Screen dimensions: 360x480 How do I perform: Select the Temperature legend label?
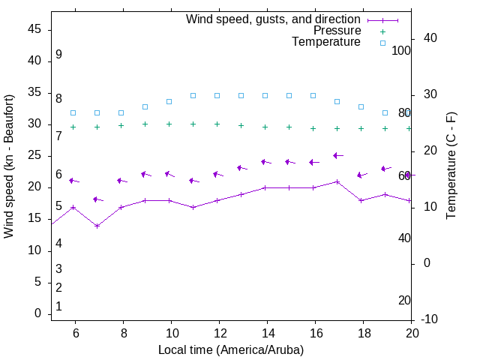tap(326, 42)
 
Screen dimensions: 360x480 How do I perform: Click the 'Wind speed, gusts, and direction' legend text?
tap(274, 19)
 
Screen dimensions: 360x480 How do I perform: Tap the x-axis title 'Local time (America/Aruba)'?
tap(231, 349)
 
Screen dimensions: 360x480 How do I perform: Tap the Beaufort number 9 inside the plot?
tap(58, 55)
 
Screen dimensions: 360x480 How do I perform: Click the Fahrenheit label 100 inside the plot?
tap(401, 51)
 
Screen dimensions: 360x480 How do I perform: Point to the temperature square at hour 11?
tap(193, 96)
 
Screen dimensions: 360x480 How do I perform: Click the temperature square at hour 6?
tap(73, 112)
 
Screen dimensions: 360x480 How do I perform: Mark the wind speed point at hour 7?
tap(97, 226)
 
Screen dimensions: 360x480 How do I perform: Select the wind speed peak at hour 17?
tap(337, 181)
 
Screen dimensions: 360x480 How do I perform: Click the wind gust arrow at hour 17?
tap(337, 155)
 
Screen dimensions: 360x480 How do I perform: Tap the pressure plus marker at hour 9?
tap(145, 124)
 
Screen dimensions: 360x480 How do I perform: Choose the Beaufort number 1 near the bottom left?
tap(58, 306)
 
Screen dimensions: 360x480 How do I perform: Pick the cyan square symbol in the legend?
tap(382, 43)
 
